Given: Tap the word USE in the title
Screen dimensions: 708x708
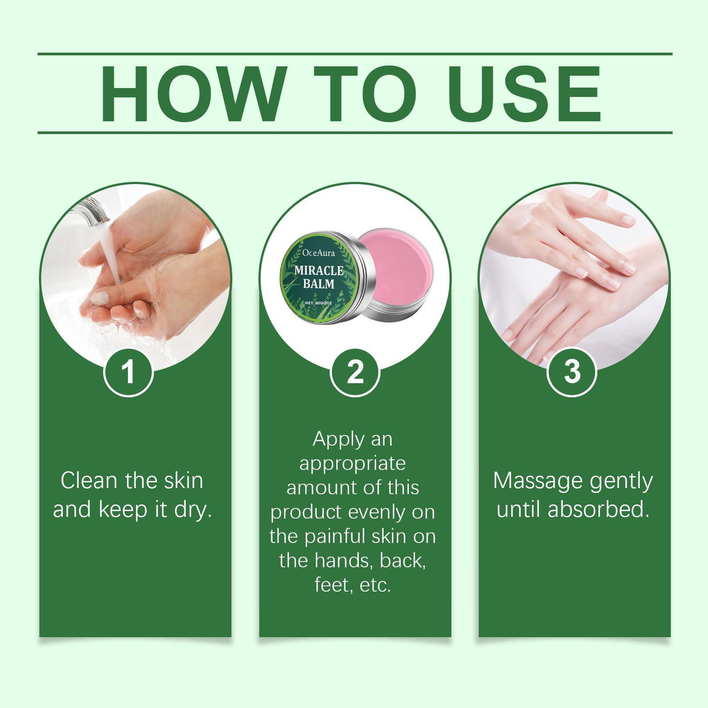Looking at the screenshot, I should [x=524, y=94].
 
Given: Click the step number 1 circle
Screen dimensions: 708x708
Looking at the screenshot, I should [x=128, y=372].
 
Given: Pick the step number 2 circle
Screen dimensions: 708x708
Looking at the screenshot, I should [x=355, y=372].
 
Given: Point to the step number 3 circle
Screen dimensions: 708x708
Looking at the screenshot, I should [x=572, y=372].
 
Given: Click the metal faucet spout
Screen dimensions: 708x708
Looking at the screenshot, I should [x=94, y=210].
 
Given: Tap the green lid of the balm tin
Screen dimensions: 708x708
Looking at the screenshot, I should [x=319, y=278].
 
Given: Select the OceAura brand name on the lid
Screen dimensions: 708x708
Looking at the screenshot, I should [x=319, y=253].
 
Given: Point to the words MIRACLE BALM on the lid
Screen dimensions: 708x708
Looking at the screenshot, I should [x=319, y=277].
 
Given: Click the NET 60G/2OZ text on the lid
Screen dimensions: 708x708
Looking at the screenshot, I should [x=319, y=302].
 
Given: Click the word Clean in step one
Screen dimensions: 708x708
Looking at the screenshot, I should [x=89, y=480].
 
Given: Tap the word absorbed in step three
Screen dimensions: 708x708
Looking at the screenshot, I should [x=598, y=509].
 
